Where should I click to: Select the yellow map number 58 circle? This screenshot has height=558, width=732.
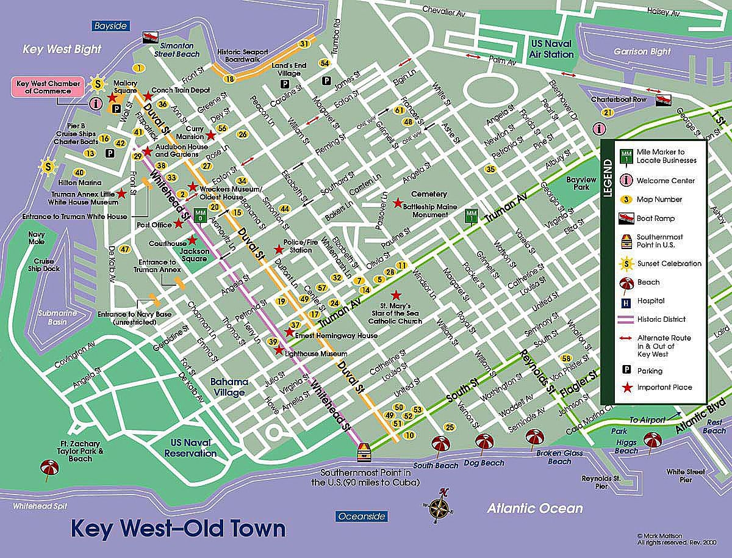point(567,358)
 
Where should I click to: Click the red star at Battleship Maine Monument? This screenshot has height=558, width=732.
point(398,202)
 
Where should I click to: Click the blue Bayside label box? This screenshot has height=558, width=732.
point(110,26)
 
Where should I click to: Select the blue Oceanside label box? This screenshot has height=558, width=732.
point(362,516)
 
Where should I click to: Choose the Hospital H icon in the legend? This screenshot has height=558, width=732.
point(625,301)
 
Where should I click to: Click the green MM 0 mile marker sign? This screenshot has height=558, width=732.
point(199,214)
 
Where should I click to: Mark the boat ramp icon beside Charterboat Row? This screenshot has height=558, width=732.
point(662,100)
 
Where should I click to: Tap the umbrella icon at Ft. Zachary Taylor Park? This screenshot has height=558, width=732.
point(48,468)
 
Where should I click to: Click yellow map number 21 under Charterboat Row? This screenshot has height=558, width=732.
point(607,112)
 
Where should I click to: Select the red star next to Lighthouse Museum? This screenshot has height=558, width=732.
point(279,350)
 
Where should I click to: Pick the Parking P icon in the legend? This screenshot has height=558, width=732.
point(625,370)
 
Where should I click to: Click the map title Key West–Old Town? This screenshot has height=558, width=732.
point(178,528)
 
